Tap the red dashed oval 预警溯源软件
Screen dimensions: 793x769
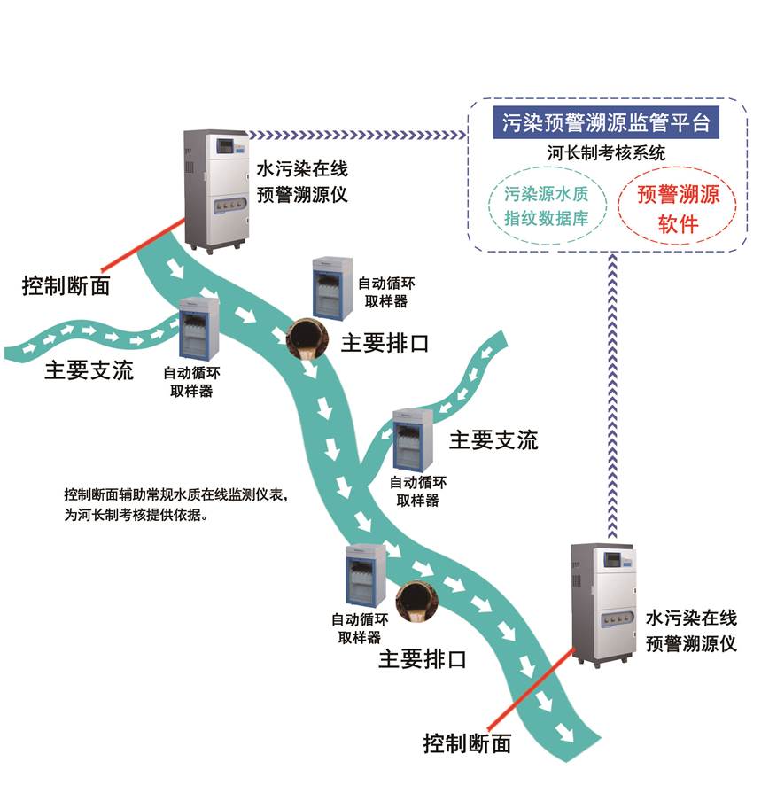678,209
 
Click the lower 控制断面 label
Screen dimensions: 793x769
467,742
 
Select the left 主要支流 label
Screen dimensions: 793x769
89,369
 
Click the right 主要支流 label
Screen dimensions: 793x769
493,440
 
